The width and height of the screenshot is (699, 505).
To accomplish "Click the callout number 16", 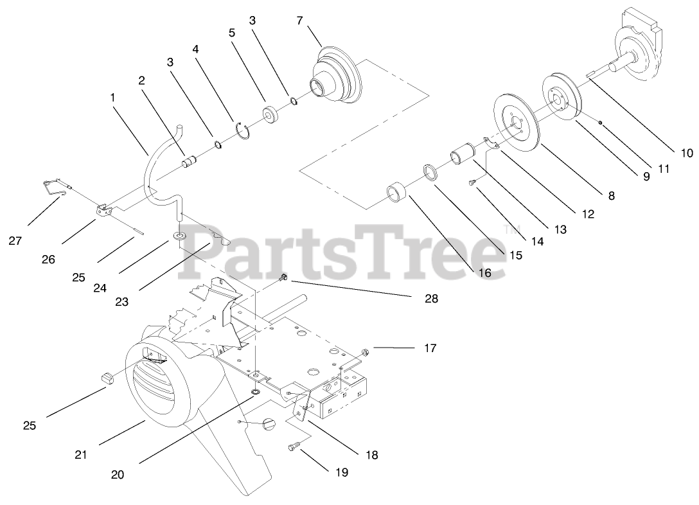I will (x=484, y=272).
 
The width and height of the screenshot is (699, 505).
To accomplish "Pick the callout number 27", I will (x=15, y=241).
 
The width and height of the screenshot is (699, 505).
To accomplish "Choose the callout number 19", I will (x=341, y=472).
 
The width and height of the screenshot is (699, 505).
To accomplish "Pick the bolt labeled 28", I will (x=284, y=278).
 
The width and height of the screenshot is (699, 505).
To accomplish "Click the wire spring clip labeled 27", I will (x=54, y=186).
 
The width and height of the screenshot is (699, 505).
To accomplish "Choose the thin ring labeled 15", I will (x=429, y=173).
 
